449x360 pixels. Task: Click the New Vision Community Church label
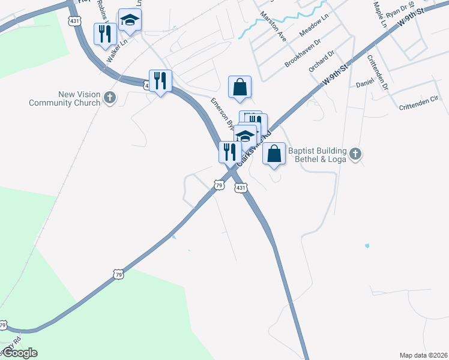coord(65,98)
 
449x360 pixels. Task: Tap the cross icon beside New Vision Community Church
coord(109,97)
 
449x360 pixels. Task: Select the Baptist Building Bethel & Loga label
coord(318,155)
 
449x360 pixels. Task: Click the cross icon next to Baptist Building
coord(355,155)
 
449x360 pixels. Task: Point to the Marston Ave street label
coord(273,25)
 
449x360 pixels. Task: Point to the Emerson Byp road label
coord(222,114)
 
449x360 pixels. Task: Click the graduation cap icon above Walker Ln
coord(130,20)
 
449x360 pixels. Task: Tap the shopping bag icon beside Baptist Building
coord(274,154)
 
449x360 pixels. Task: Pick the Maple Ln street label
coord(379,15)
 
